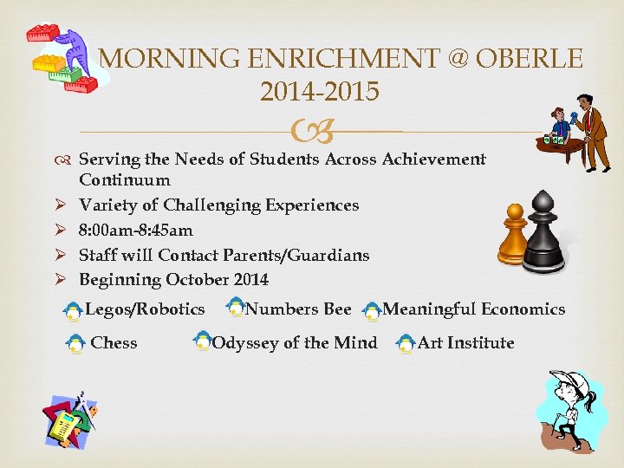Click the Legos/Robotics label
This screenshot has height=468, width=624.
point(146,309)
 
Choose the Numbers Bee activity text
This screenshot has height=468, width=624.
point(298,309)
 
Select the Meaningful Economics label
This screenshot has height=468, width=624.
point(473,309)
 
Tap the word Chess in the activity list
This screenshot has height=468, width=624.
point(114,343)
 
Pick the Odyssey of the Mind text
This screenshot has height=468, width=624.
point(295,343)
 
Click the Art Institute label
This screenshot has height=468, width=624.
point(465,343)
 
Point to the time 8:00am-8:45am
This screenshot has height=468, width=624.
point(136,231)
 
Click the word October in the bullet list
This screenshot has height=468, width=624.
point(197,280)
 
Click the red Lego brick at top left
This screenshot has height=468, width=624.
point(42,35)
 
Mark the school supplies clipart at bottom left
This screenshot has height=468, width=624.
point(69,421)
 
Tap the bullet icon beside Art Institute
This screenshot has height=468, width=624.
point(405,345)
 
